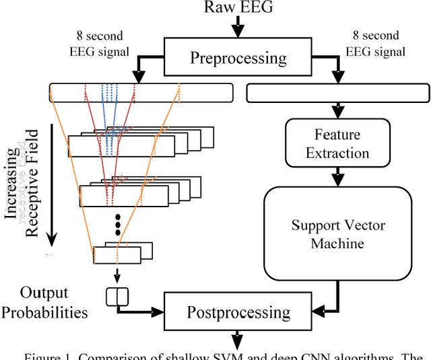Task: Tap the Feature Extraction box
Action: (x=328, y=144)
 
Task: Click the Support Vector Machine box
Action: (x=337, y=233)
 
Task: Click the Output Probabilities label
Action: (x=53, y=302)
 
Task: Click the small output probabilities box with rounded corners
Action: (x=117, y=295)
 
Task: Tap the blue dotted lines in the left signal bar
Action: (x=110, y=93)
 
